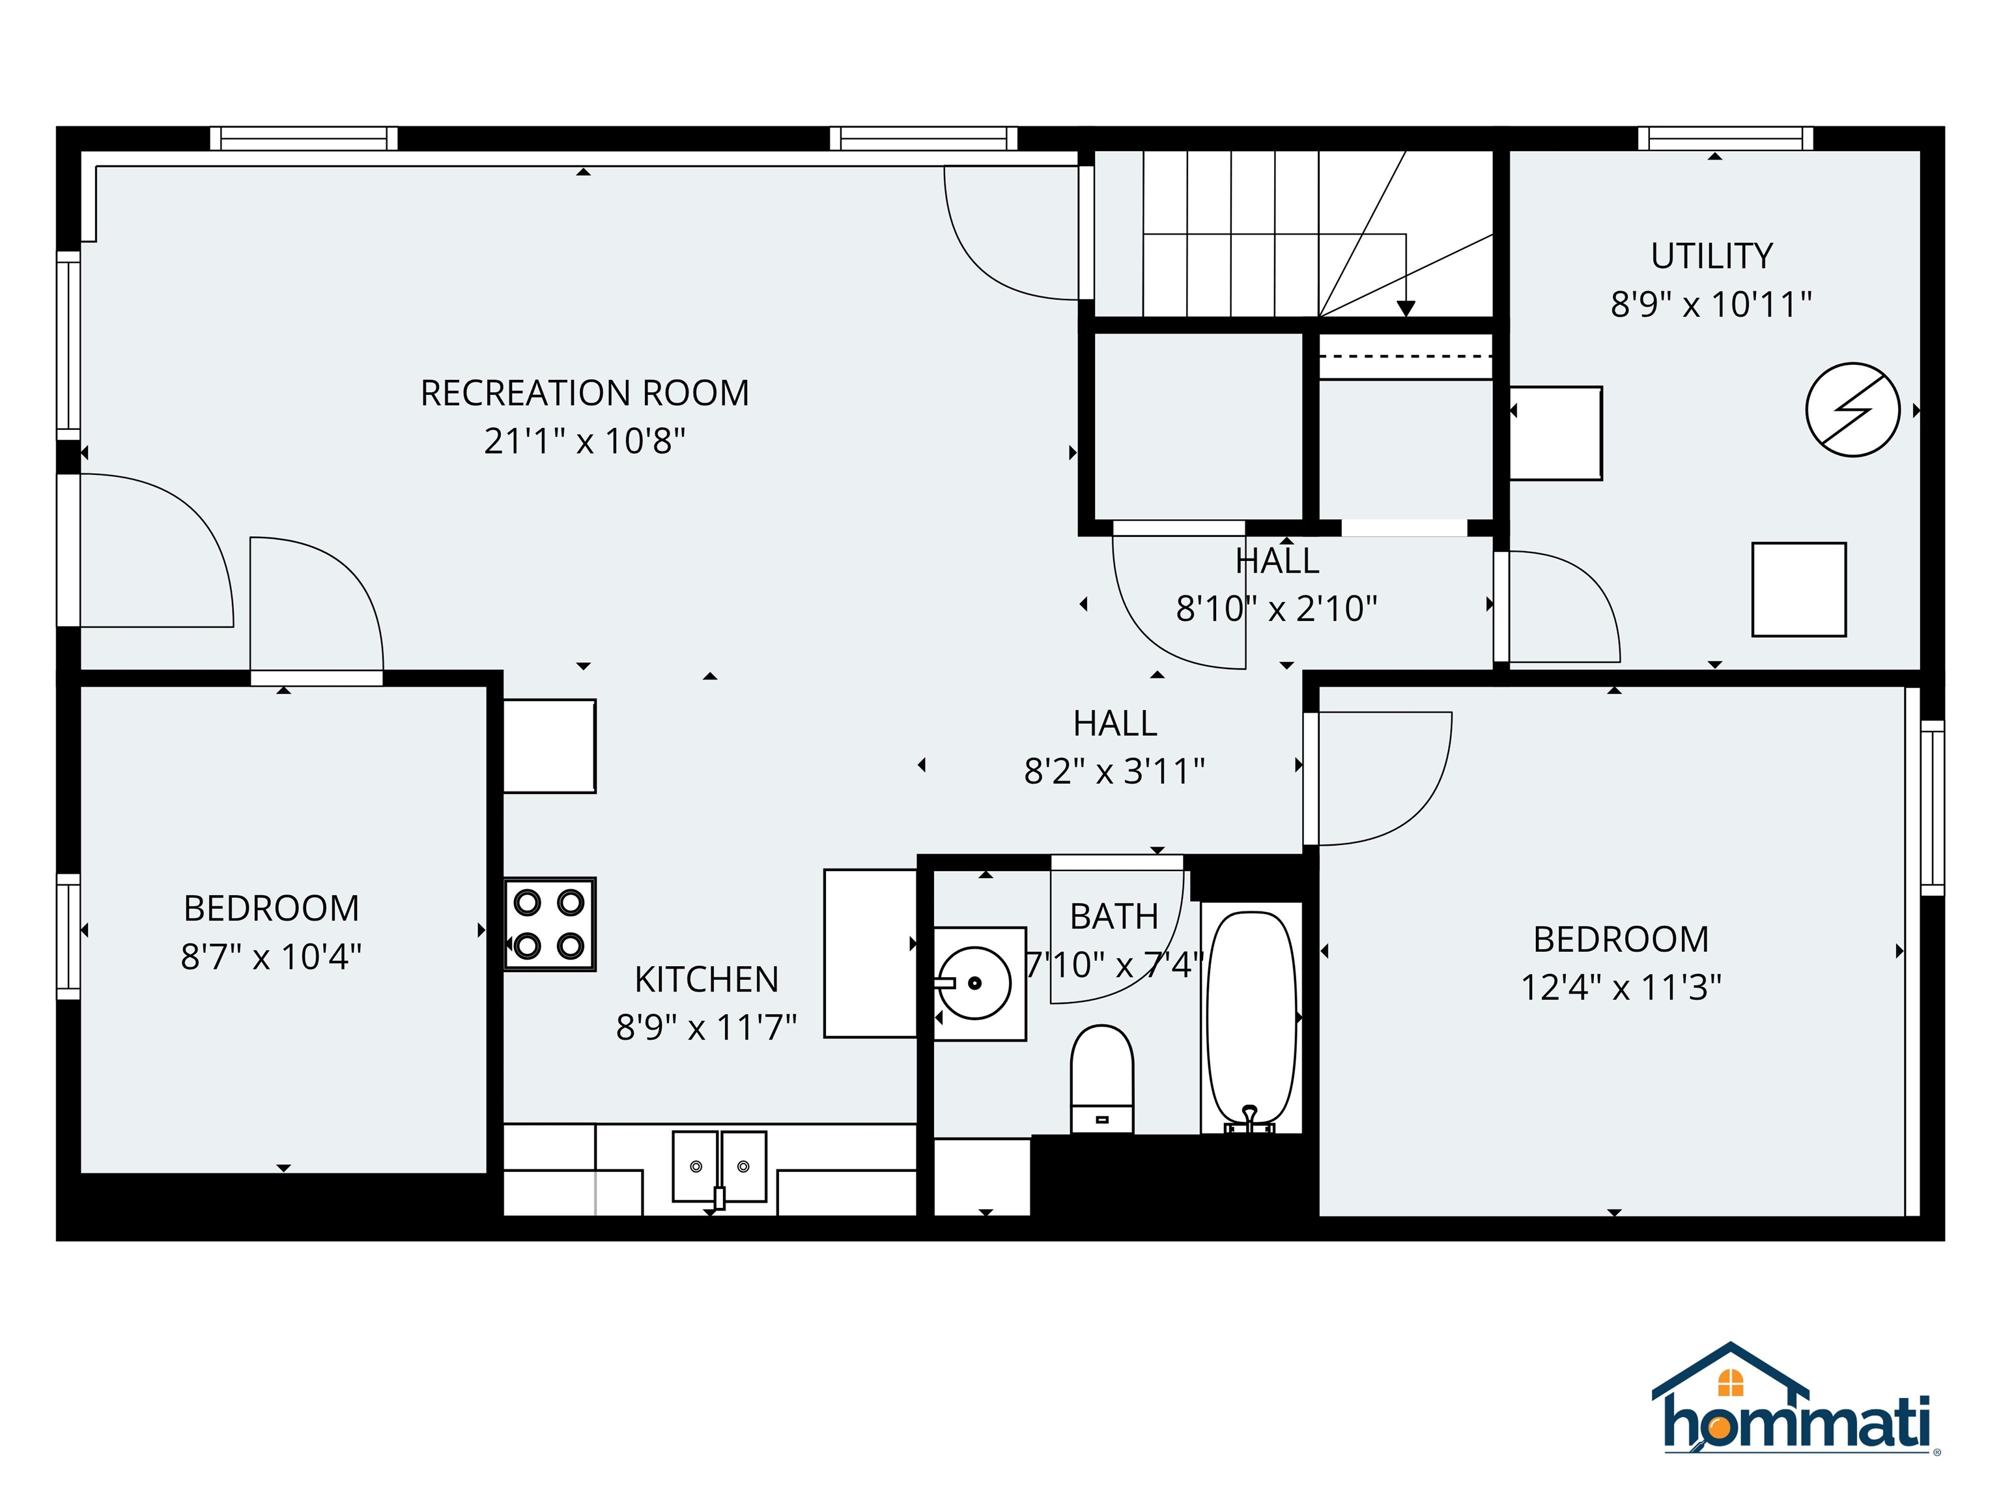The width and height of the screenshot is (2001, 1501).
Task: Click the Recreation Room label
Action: click(x=584, y=393)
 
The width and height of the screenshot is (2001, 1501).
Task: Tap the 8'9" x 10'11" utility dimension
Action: click(x=1710, y=305)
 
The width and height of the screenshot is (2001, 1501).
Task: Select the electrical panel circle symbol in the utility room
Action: click(x=1852, y=410)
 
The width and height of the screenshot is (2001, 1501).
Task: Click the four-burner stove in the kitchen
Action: click(x=549, y=924)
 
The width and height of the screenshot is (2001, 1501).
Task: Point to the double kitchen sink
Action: click(x=719, y=1166)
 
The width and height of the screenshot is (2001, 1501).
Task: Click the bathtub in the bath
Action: click(x=1252, y=1018)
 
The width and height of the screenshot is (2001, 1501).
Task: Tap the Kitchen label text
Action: click(x=707, y=980)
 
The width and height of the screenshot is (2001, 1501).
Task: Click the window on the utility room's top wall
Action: click(x=1725, y=138)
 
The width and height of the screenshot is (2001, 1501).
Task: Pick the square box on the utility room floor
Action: click(x=1798, y=589)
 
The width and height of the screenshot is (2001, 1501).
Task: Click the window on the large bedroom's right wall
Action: click(x=1931, y=807)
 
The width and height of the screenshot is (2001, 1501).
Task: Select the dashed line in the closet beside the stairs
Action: click(x=1405, y=356)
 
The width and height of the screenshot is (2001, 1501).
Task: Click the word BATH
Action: click(x=1114, y=917)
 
